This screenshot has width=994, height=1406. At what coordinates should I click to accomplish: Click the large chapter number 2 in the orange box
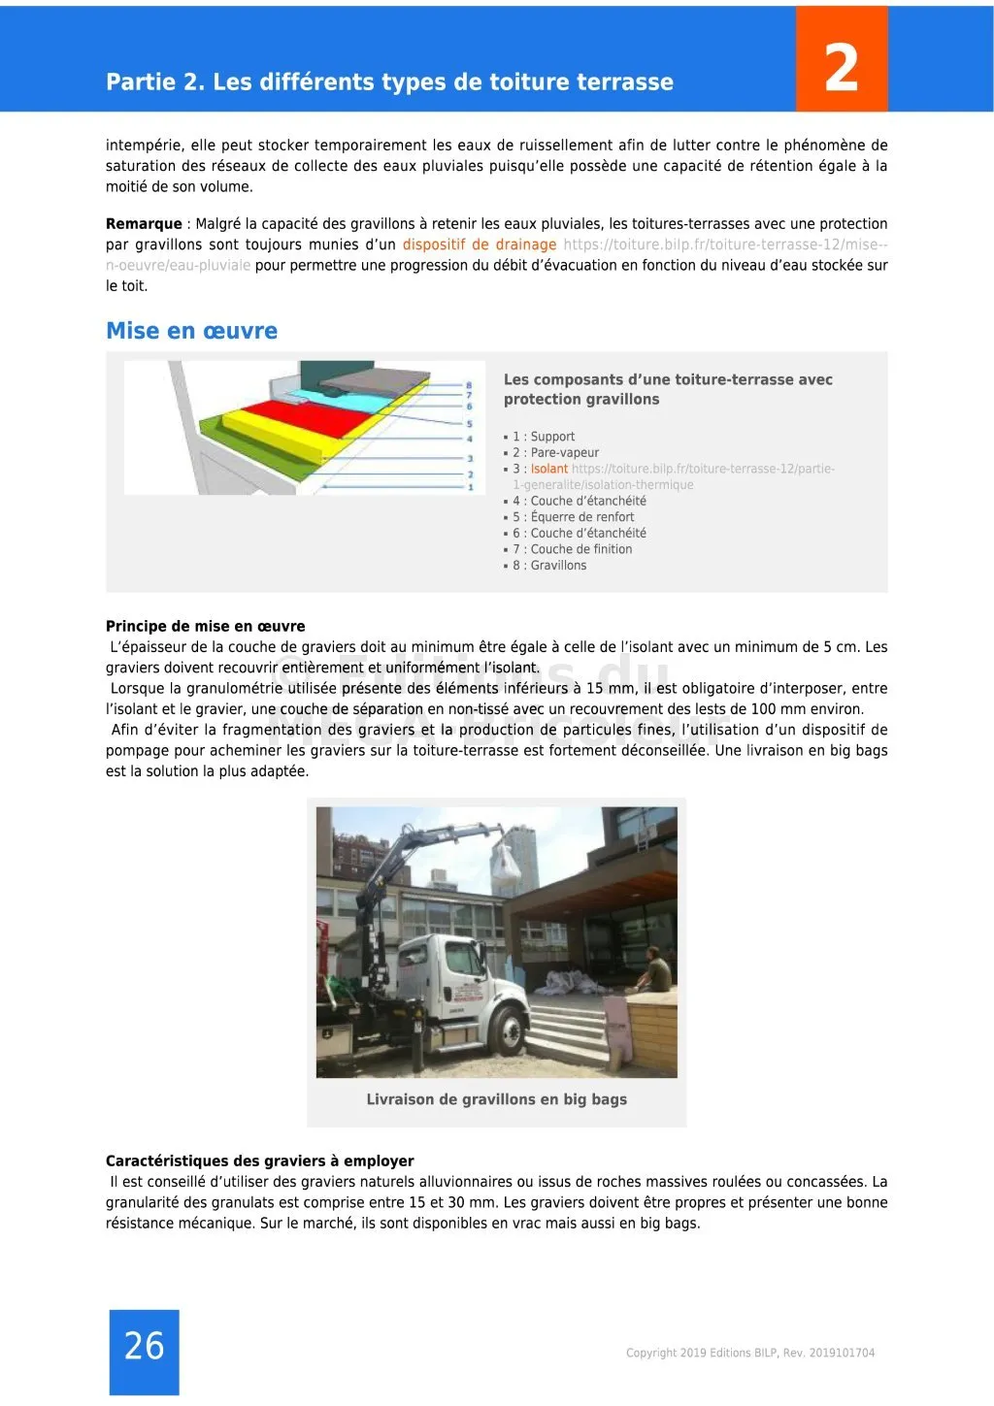841,67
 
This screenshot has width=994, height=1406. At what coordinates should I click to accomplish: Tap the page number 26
144,1346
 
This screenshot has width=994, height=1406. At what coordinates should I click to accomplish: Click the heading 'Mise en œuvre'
191,331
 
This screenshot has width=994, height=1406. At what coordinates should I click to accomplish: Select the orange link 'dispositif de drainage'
480,245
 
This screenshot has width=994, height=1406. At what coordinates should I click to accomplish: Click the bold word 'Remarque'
144,224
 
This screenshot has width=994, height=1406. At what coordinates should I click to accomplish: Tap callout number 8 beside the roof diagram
469,385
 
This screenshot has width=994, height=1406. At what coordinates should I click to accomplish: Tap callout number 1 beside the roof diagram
470,486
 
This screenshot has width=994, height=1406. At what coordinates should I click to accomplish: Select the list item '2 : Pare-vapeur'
555,452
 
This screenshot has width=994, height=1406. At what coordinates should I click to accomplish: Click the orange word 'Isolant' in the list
549,469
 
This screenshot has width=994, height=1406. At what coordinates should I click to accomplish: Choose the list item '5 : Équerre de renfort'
573,517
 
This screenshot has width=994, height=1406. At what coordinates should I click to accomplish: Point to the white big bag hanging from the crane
509,863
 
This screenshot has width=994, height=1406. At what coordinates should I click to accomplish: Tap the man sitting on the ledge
658,969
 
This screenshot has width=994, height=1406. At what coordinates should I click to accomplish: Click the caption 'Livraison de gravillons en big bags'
496,1099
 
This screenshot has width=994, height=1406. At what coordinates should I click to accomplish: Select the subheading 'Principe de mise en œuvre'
205,626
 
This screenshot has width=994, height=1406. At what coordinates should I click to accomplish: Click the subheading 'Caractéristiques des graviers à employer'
259,1161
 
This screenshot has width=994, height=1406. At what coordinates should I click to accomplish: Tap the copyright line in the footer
749,1353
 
